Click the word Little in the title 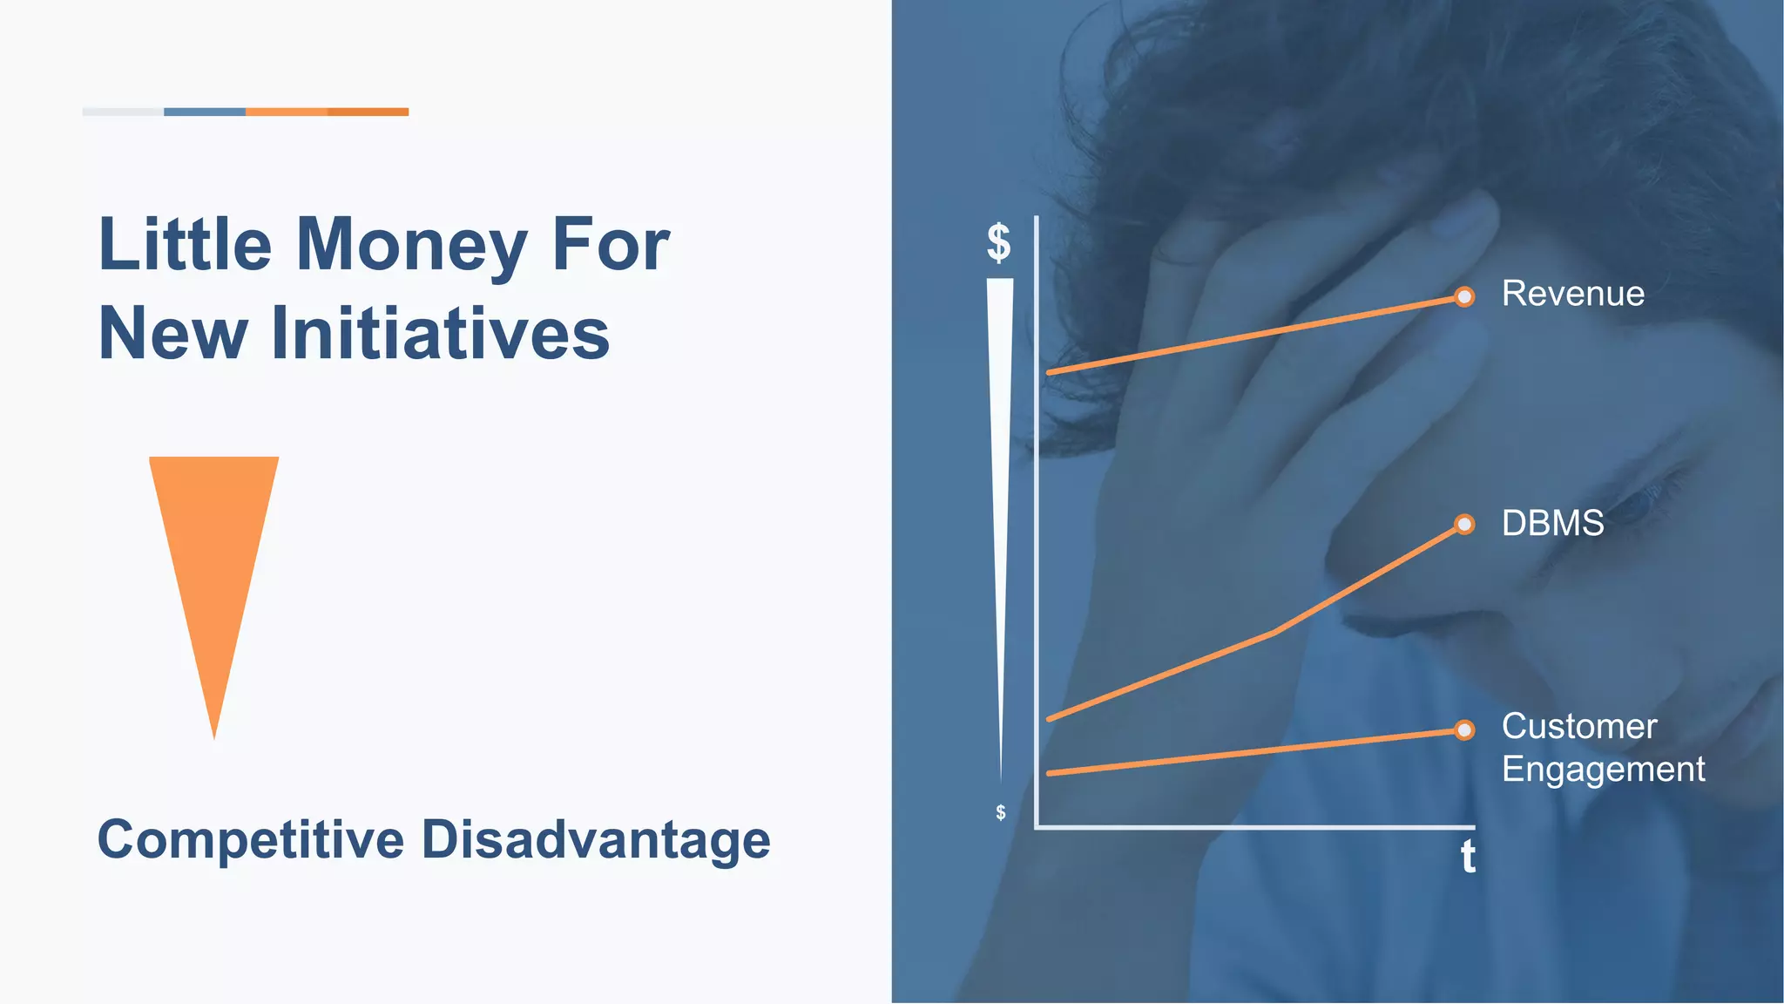185,245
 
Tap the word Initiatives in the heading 440,334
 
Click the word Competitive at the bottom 251,840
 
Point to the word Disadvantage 596,840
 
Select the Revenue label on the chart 1572,294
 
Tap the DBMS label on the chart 1552,524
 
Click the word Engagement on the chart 1603,770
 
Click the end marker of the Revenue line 1464,297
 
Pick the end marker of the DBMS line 1464,525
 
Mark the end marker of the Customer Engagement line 1464,730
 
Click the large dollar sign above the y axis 998,242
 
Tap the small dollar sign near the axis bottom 1000,812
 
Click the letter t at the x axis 1468,857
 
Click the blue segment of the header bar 205,112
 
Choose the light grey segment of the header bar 123,112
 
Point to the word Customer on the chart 1578,727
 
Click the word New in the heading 172,334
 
